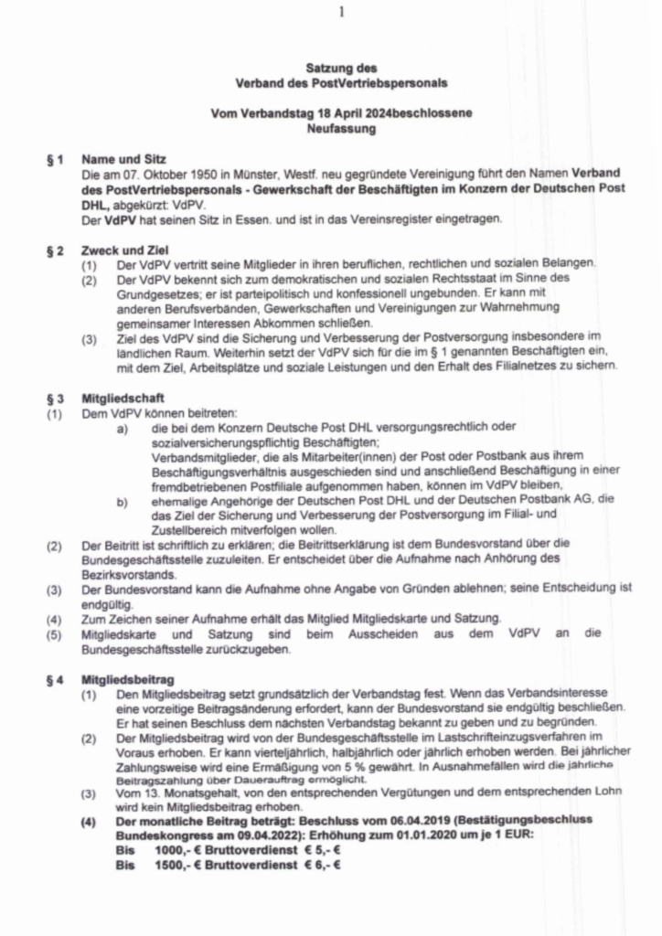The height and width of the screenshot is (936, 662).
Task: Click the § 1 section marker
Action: pyautogui.click(x=56, y=159)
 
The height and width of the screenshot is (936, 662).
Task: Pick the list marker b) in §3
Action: pyautogui.click(x=122, y=500)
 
